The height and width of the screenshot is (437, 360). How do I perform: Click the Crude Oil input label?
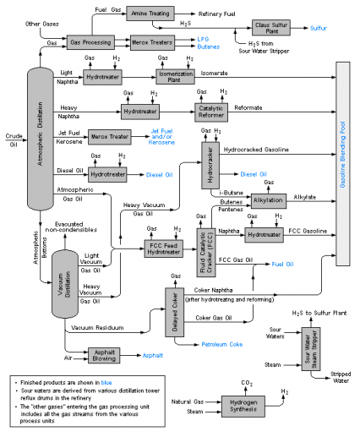pos(11,140)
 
